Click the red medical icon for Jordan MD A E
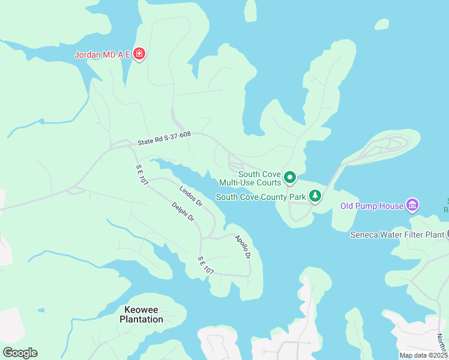point(139,55)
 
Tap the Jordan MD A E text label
point(103,55)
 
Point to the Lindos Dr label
point(191,197)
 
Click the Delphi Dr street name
point(183,212)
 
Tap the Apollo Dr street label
point(243,247)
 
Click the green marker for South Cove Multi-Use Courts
point(290,177)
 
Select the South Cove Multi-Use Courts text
point(250,178)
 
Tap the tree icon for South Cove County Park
point(315,196)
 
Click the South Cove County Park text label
point(261,197)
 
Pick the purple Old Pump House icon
point(412,206)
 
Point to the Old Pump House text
point(372,206)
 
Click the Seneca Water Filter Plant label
point(397,234)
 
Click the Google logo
point(20,353)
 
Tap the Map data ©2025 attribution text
point(423,355)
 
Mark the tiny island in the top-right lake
point(382,24)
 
